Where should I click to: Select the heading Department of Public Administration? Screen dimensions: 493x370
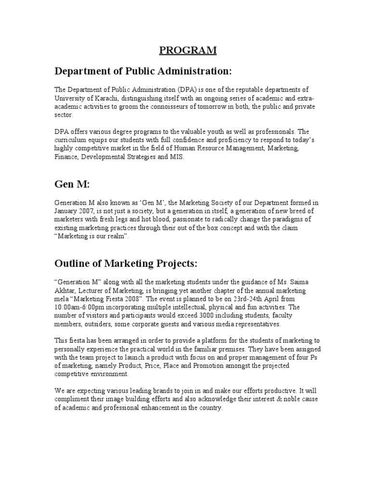[x=143, y=71]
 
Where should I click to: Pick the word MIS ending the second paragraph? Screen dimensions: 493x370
[x=177, y=157]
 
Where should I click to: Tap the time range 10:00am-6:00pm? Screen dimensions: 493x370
[x=85, y=307]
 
